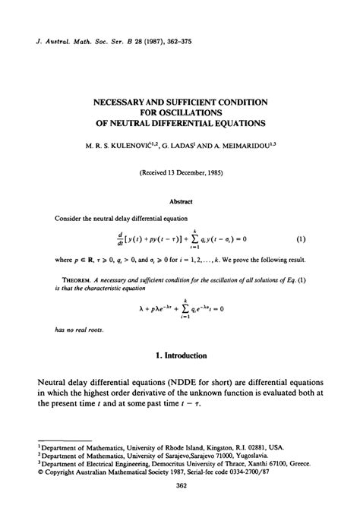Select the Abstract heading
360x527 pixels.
pos(181,201)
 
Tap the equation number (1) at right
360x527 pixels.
pos(301,239)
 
